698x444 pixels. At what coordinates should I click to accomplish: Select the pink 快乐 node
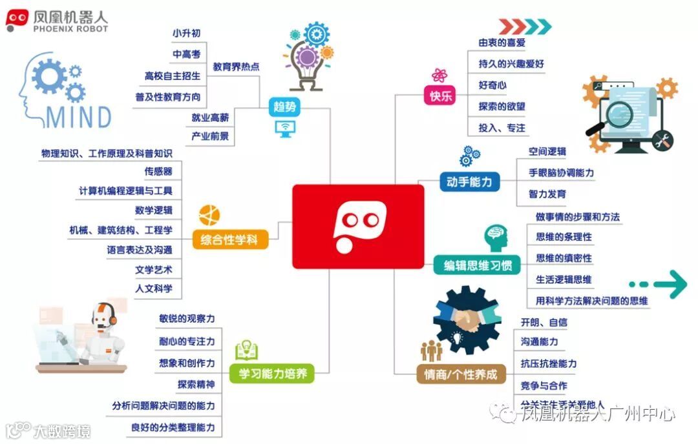click(x=439, y=96)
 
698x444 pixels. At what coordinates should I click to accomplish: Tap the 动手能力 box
click(x=469, y=183)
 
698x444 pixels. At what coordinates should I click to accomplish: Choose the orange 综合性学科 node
click(x=229, y=241)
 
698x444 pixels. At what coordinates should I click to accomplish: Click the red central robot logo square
click(x=358, y=227)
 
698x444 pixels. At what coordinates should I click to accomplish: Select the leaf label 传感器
click(x=158, y=171)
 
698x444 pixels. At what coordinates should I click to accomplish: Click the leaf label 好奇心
click(x=492, y=85)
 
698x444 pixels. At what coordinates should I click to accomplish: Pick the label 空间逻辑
click(x=547, y=152)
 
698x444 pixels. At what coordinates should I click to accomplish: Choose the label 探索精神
click(x=196, y=385)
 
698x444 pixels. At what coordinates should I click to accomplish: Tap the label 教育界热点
click(x=236, y=66)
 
